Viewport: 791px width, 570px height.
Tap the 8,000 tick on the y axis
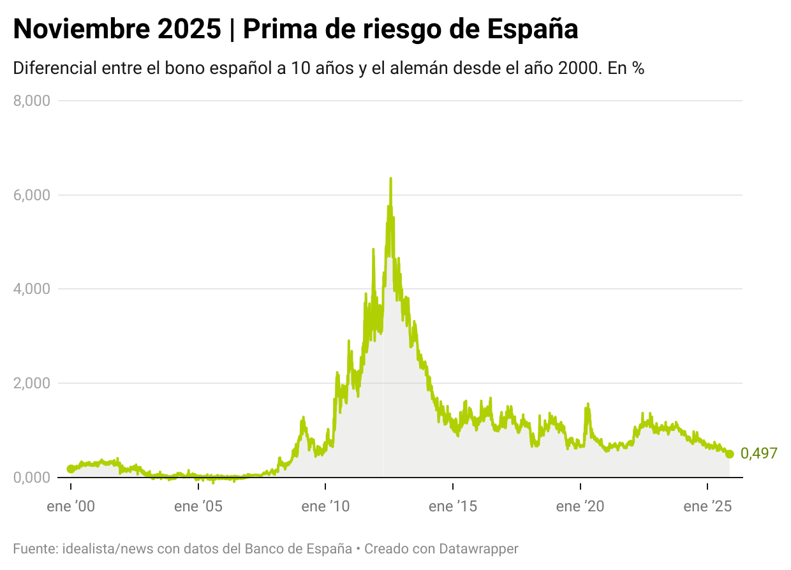coord(32,100)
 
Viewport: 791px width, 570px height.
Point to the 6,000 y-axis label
coord(32,194)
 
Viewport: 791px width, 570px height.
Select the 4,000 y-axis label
coord(32,289)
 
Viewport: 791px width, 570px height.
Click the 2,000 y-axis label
coord(32,383)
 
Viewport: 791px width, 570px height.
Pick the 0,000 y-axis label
coord(32,478)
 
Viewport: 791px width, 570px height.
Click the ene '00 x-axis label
coord(71,507)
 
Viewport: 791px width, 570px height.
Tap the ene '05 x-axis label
coord(198,507)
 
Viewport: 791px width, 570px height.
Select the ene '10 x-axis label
coord(326,507)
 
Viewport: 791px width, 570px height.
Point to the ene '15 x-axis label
coord(453,507)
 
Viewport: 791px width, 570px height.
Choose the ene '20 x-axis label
coord(580,507)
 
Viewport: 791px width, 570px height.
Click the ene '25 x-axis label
coord(708,507)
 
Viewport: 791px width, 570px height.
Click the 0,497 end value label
coord(758,454)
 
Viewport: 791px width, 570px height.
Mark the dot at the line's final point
coord(730,454)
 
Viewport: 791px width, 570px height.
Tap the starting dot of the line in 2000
coord(71,469)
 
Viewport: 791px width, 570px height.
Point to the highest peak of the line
coord(390,179)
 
